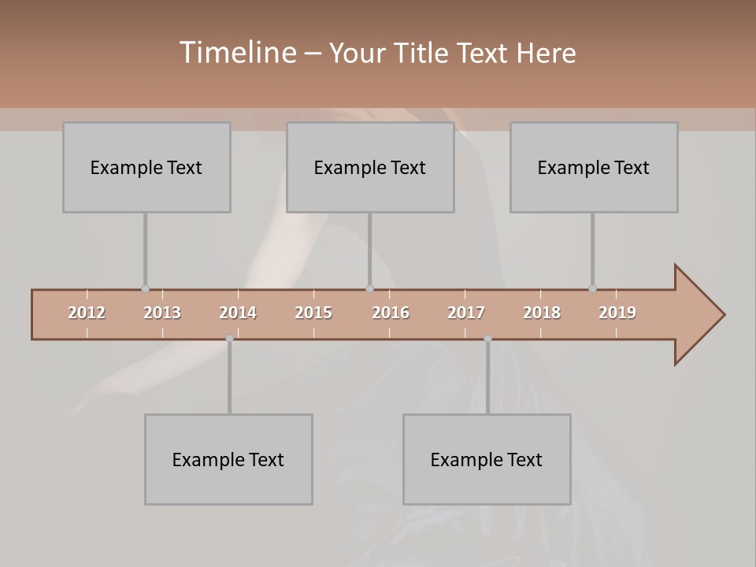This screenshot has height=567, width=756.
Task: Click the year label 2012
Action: pos(87,313)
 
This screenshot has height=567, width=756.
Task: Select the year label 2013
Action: pos(162,313)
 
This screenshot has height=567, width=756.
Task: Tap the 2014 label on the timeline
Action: pos(238,313)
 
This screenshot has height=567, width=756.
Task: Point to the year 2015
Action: pos(313,313)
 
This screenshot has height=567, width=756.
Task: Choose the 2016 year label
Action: pos(391,313)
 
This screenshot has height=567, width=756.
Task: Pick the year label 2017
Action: pos(466,313)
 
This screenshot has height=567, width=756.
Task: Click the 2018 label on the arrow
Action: pos(542,313)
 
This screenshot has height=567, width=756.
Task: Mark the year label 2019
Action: pos(617,313)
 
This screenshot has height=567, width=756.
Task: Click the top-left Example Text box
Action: pos(146,167)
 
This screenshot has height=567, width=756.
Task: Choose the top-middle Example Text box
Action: pos(370,167)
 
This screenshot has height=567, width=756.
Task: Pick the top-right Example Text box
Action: pos(594,167)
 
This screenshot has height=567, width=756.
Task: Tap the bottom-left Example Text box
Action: pos(228,459)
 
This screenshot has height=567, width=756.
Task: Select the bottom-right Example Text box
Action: pos(487,459)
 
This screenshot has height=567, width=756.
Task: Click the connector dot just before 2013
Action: pos(145,288)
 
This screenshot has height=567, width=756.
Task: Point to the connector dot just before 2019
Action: pos(592,288)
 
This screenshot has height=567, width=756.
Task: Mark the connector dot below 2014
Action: pos(229,339)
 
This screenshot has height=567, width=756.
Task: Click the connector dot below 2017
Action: pos(487,339)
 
